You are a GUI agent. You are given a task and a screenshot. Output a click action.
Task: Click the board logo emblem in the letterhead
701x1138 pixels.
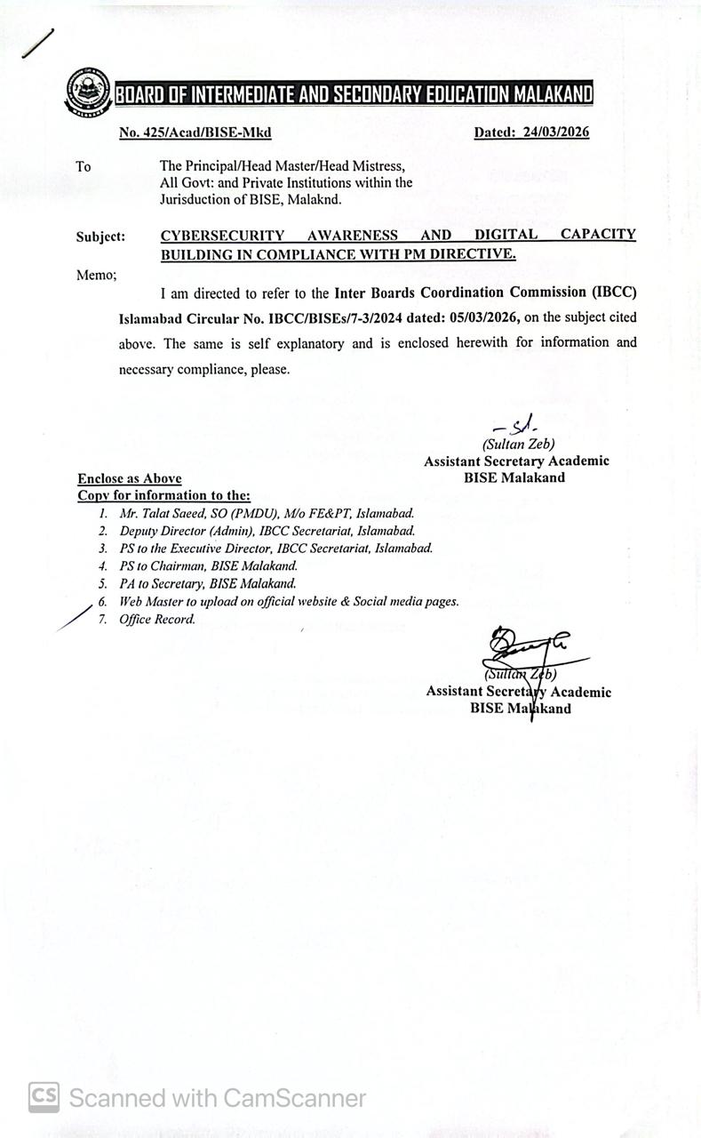pos(88,92)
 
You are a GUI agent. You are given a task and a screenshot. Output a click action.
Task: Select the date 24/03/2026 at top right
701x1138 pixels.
pos(556,132)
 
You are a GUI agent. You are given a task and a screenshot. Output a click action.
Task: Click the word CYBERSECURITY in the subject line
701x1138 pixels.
pos(222,236)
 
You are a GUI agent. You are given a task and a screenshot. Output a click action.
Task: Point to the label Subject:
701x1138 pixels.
pos(100,237)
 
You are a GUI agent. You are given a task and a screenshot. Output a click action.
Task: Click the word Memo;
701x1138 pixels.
pos(96,275)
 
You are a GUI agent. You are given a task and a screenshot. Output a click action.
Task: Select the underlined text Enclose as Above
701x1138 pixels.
pos(130,478)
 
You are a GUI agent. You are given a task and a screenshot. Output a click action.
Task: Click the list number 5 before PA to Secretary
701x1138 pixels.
pos(103,584)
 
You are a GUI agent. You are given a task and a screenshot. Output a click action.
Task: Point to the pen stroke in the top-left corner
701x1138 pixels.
pos(37,44)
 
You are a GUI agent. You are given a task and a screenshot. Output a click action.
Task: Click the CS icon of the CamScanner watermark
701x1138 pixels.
pos(44,1097)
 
